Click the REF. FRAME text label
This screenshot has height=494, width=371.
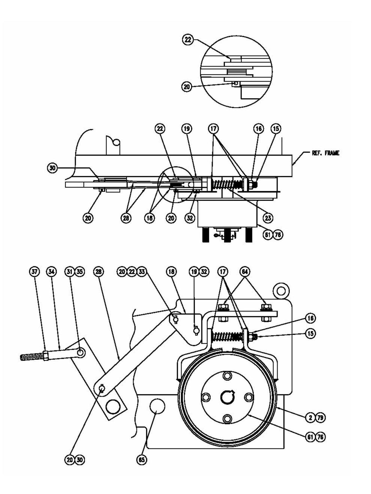coord(325,153)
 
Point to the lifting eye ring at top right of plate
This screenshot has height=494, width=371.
coord(281,291)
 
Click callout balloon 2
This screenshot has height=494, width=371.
coord(310,418)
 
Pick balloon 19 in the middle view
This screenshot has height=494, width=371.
coord(187,128)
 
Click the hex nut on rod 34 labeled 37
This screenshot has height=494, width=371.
coord(46,356)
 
